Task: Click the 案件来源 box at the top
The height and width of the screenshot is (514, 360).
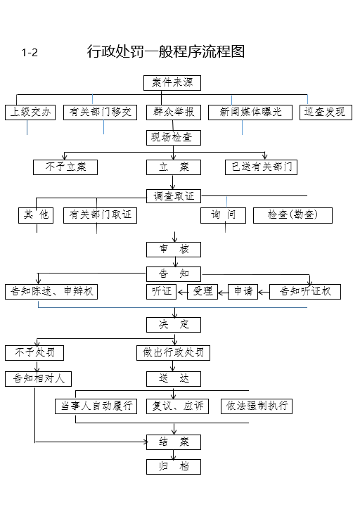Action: tap(172, 82)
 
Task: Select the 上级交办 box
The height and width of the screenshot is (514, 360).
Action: tap(30, 113)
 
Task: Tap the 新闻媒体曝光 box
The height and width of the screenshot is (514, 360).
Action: tap(250, 113)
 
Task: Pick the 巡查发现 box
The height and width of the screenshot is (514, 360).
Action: tap(326, 113)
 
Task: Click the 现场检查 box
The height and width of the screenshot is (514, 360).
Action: tap(174, 138)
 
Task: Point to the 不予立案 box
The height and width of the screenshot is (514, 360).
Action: tap(65, 167)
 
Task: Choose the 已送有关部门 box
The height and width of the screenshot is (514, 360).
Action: tap(261, 167)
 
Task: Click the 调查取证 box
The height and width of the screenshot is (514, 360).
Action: tap(174, 196)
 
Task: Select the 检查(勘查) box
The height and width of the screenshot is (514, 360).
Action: tap(292, 215)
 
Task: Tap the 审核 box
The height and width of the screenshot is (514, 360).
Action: tap(174, 250)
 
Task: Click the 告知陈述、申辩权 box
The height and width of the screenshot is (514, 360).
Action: tap(51, 291)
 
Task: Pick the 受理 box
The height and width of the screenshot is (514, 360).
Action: tap(202, 291)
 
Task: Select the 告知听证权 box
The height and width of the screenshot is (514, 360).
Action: tap(305, 291)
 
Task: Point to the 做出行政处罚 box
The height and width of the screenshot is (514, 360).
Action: tap(173, 353)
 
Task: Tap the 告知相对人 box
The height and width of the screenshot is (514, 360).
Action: tap(38, 379)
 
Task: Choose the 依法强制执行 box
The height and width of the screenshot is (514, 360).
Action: tap(257, 406)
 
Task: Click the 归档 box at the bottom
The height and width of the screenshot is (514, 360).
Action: tap(174, 467)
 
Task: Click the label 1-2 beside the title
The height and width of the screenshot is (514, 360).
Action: tap(30, 53)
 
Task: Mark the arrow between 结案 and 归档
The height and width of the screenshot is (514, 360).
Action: tap(174, 455)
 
